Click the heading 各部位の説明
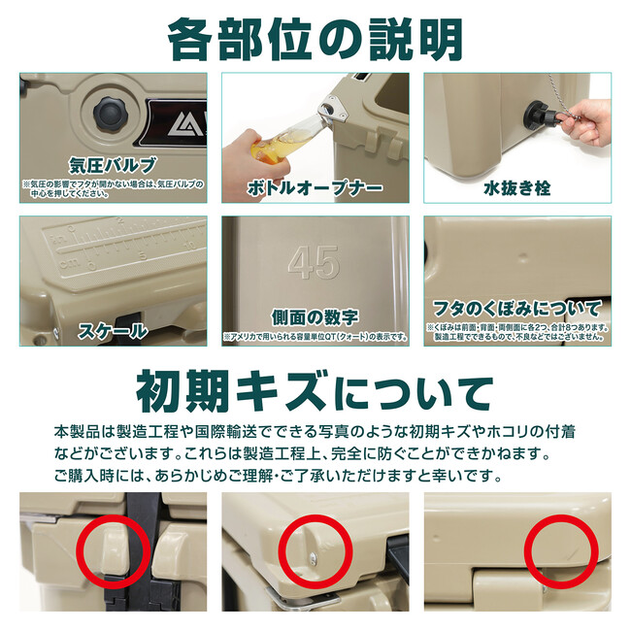pyautogui.click(x=315, y=40)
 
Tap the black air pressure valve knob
pyautogui.click(x=111, y=114)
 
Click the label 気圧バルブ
pyautogui.click(x=113, y=165)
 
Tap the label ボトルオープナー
pyautogui.click(x=315, y=188)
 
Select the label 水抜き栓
pyautogui.click(x=517, y=188)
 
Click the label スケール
pyautogui.click(x=113, y=331)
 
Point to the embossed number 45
pyautogui.click(x=314, y=262)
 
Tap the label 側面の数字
pyautogui.click(x=315, y=317)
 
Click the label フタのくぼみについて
pyautogui.click(x=517, y=309)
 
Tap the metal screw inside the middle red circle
pyautogui.click(x=314, y=556)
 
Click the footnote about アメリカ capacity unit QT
pyautogui.click(x=315, y=337)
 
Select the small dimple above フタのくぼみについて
pyautogui.click(x=522, y=255)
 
